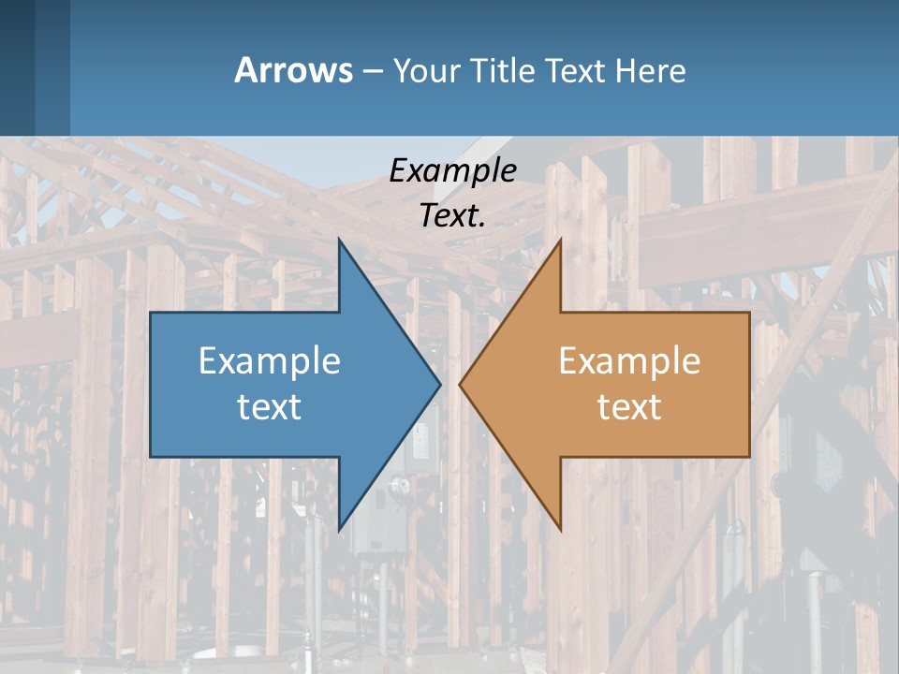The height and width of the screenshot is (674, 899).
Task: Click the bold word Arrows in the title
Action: [x=293, y=70]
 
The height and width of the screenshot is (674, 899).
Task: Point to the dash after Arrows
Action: [x=372, y=71]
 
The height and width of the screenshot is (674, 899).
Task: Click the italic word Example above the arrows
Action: [x=452, y=171]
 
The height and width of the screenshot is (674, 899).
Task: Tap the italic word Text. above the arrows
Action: [x=452, y=215]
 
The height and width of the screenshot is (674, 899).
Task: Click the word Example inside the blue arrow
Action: [x=270, y=360]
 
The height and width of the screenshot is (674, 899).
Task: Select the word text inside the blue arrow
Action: [x=270, y=406]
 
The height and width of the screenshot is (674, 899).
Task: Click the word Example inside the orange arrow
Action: [x=629, y=360]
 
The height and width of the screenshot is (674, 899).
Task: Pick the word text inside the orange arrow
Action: [x=629, y=406]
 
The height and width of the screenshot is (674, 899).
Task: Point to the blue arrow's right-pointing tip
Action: [x=439, y=384]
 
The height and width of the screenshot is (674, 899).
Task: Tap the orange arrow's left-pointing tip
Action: [x=461, y=384]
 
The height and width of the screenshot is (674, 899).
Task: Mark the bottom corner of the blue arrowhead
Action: [x=339, y=530]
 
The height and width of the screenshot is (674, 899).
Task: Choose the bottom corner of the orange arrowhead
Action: [x=560, y=530]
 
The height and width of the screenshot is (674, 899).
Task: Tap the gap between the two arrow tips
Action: [x=449, y=384]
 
